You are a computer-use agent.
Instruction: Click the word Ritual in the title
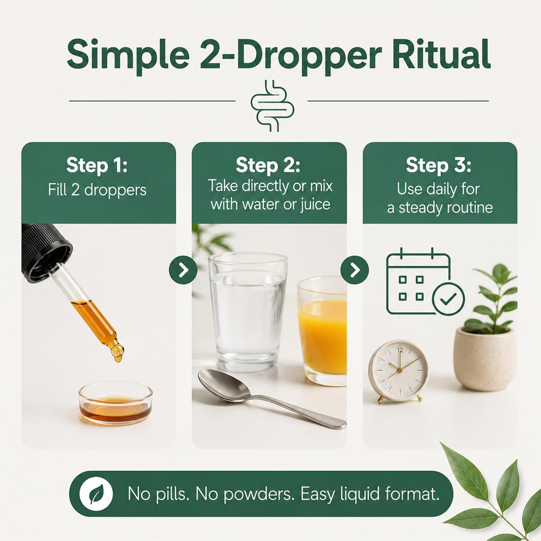[x=441, y=55]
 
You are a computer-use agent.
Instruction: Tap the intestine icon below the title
[x=272, y=106]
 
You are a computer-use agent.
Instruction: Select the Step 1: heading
[x=97, y=165]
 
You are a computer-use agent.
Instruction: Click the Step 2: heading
[x=268, y=165]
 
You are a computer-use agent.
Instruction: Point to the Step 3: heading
[x=438, y=165]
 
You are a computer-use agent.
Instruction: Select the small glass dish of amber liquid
[x=116, y=403]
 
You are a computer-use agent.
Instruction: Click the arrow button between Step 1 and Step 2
[x=183, y=269]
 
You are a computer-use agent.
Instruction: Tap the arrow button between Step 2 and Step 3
[x=355, y=270]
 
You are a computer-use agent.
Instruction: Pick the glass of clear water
[x=248, y=312]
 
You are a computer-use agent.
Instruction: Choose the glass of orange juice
[x=322, y=331]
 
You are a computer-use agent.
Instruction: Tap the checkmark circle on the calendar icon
[x=449, y=299]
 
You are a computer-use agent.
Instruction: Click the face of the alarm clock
[x=399, y=370]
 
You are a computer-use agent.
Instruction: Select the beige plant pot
[x=485, y=359]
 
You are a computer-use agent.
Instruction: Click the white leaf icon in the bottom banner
[x=96, y=494]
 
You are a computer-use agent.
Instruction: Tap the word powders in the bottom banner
[x=257, y=494]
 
